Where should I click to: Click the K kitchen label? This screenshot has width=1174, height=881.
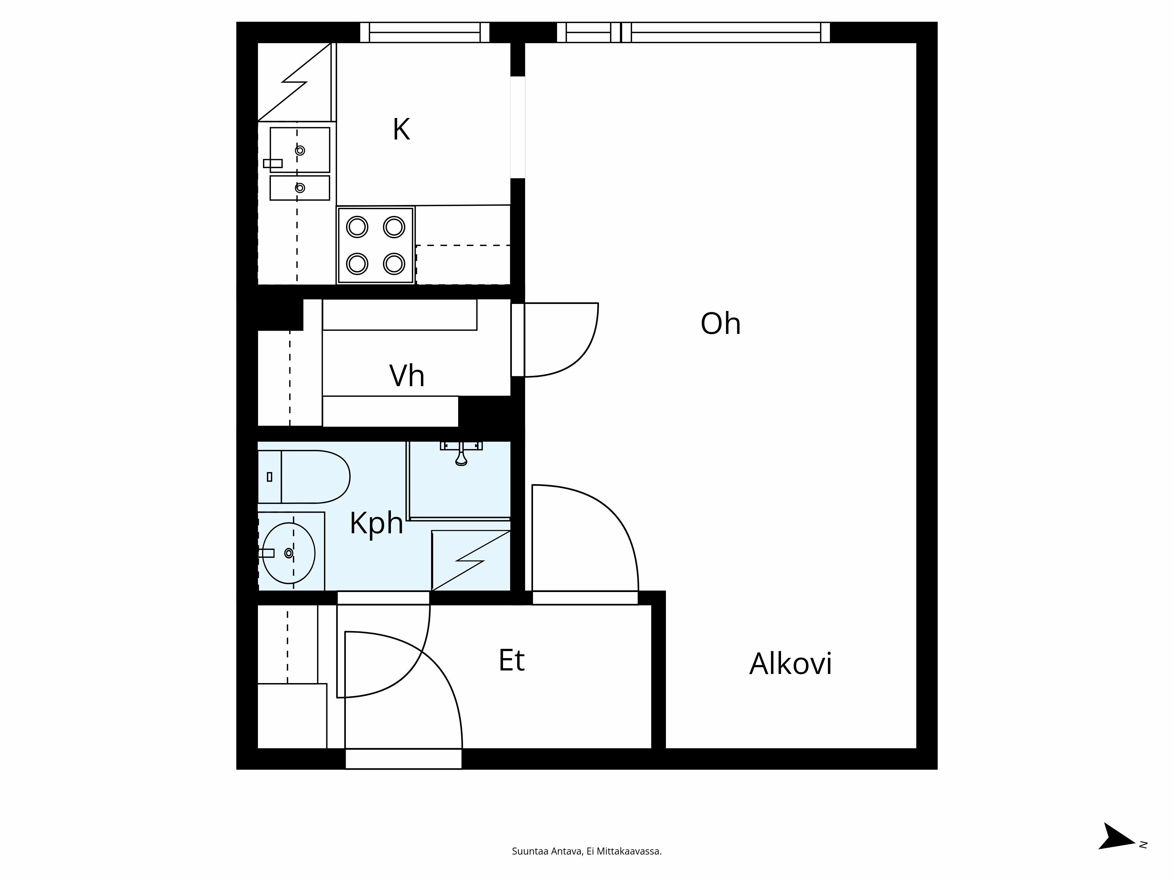point(401,130)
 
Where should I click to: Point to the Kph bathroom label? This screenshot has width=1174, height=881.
point(376,524)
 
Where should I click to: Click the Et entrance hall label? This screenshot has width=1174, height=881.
point(511,661)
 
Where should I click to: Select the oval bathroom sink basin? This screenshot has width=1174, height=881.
point(289,553)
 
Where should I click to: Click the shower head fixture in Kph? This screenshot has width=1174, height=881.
point(461,457)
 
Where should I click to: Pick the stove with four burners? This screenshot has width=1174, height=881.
point(375,245)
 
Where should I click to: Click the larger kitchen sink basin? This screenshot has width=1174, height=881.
point(300,150)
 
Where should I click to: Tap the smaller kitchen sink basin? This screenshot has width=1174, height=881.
point(300,188)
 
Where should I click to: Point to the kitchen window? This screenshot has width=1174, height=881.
point(425,32)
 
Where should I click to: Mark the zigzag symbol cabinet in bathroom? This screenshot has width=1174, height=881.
point(471,560)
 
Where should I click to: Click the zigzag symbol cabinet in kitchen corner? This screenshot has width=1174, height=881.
point(295,82)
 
